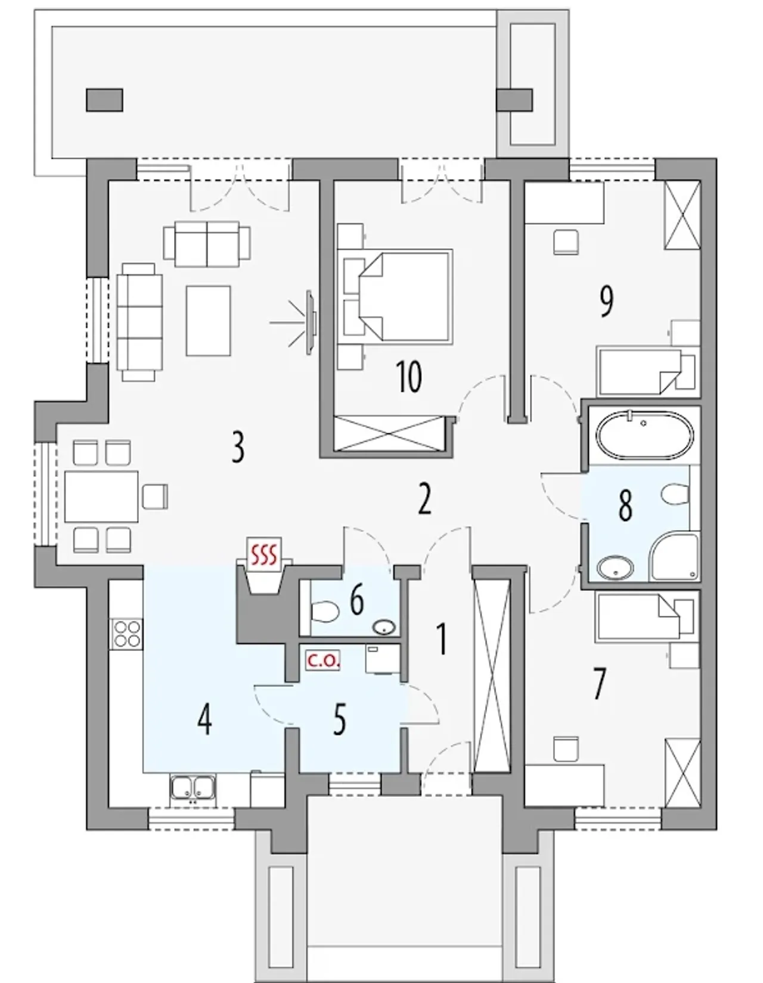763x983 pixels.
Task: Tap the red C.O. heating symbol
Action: (323, 661)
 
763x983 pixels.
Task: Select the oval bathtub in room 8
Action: (644, 435)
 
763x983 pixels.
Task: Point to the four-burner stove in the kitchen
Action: (126, 634)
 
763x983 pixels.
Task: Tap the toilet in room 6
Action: (325, 612)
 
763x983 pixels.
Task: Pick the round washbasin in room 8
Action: (615, 567)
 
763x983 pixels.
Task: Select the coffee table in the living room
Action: (208, 320)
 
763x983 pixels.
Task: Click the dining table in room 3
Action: (101, 496)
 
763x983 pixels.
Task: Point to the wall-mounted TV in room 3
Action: (310, 322)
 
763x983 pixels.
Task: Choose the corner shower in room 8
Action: (674, 556)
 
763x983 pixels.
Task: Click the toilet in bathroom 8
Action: (675, 494)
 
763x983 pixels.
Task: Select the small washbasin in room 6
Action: (384, 627)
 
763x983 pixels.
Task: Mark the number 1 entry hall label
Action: (442, 639)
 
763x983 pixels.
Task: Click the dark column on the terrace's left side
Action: (104, 100)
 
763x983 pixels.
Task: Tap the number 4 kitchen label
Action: (204, 721)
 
